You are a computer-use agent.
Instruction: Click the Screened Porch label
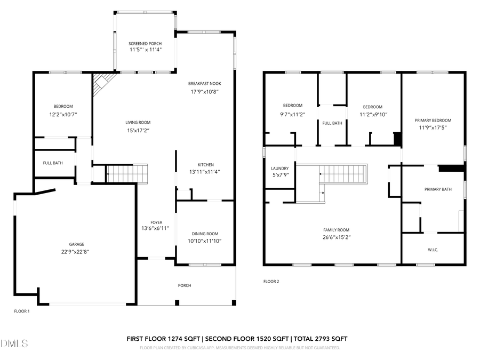[145, 44]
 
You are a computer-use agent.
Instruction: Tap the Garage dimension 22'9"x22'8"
[75, 252]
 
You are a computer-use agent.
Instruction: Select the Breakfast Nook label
[204, 84]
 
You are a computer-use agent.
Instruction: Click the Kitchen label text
[206, 165]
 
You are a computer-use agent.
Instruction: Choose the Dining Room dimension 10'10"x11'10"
[205, 241]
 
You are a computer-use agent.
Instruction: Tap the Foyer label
[156, 222]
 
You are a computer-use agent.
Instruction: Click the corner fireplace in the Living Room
[102, 84]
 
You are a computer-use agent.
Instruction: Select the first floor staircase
[127, 174]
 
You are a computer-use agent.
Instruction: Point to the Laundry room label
[280, 168]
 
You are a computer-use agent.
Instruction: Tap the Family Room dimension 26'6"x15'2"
[336, 237]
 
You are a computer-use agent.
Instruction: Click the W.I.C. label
[433, 250]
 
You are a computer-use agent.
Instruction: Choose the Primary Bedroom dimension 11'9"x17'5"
[433, 127]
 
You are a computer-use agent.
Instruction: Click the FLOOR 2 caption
[271, 282]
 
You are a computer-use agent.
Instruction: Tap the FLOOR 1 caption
[22, 311]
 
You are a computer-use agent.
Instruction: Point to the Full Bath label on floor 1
[53, 163]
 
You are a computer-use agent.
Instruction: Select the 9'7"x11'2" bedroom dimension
[293, 113]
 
